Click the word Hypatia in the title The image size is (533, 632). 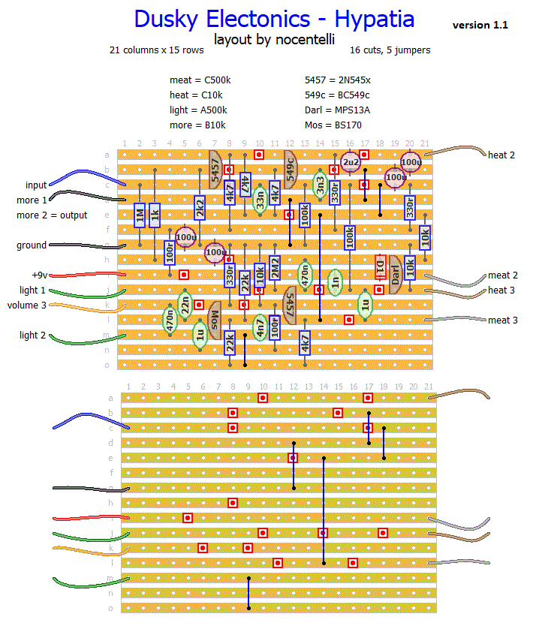(363, 19)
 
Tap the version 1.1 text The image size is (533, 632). (480, 26)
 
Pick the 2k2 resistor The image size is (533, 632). (200, 207)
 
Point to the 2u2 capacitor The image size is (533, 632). (350, 162)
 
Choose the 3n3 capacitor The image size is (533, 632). (320, 185)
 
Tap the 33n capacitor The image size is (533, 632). (260, 200)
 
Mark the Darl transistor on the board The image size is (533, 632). (395, 275)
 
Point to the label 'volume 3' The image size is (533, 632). (27, 305)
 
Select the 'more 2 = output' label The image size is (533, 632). (52, 215)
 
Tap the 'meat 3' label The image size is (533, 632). (502, 321)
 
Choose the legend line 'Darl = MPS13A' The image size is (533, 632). (337, 110)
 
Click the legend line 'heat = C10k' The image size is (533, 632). (196, 95)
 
